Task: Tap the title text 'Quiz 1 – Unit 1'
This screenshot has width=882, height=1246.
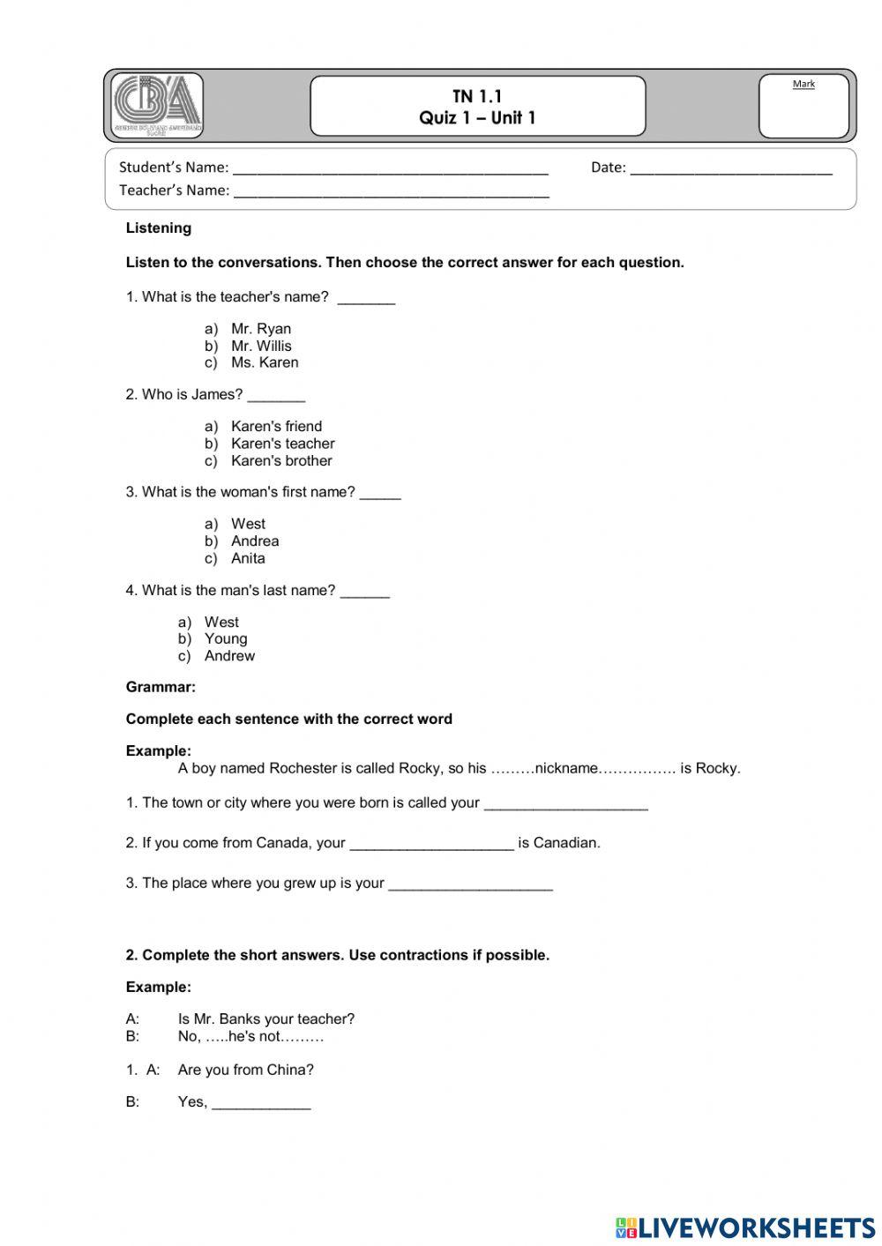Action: point(477,118)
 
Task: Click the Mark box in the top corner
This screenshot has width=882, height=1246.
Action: point(804,106)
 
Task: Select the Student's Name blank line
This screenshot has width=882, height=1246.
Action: point(390,168)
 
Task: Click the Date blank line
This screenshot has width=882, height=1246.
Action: point(731,168)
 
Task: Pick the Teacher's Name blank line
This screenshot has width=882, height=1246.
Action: point(391,191)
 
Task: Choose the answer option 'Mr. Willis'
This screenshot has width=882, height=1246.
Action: point(261,347)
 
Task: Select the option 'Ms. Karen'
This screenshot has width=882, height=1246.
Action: point(265,363)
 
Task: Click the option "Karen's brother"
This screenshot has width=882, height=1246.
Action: point(281,461)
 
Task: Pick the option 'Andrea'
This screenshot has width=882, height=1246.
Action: point(255,541)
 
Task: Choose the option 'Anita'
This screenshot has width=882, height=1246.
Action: point(248,558)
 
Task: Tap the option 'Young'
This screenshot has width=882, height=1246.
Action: point(226,639)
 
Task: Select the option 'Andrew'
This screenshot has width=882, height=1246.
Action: point(229,656)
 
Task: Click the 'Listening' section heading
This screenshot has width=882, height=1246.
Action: point(159,228)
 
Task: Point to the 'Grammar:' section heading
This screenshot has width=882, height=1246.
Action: point(161,687)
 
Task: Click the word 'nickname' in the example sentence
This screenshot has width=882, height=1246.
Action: point(566,768)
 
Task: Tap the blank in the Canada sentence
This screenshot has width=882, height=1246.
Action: point(431,844)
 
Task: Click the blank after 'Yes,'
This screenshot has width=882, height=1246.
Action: point(261,1103)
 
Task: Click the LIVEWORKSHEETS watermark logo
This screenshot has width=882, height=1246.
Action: point(745,1227)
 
